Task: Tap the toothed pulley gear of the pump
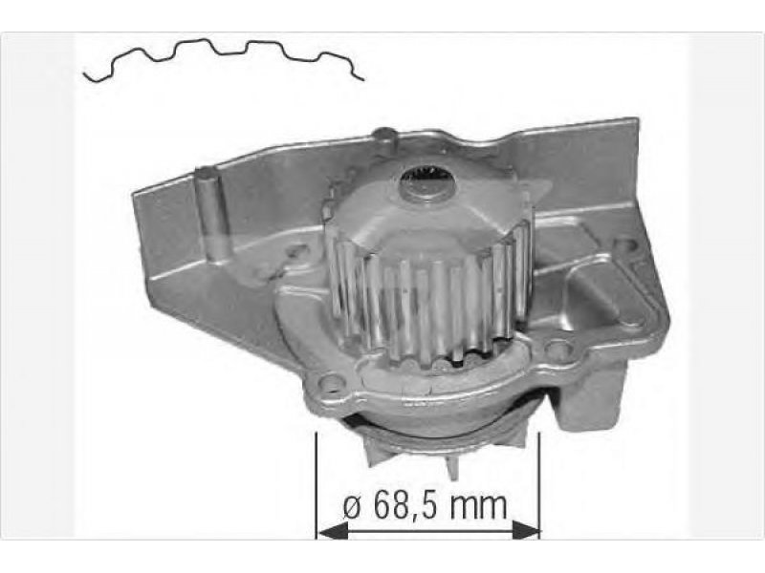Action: click(429, 273)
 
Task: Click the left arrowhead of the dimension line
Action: click(333, 530)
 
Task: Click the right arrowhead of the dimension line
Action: click(525, 530)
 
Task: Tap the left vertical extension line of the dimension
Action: click(317, 486)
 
